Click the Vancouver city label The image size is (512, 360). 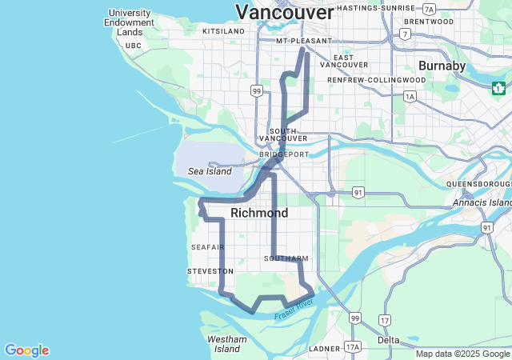coord(284,13)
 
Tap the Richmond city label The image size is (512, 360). coord(259,214)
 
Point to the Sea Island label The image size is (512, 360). coord(210,171)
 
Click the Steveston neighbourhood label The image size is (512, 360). coord(210,272)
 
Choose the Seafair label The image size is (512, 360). coord(208,247)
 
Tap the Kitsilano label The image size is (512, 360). coord(223,31)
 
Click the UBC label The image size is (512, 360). coord(134,46)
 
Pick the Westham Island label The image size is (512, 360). coord(227,344)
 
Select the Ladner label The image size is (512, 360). coord(325,349)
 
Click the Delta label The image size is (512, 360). coord(389,340)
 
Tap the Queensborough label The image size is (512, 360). coord(478,184)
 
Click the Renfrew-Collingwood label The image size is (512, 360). coord(377,81)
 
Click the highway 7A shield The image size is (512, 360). coord(430,10)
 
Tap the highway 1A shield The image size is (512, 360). coord(410,97)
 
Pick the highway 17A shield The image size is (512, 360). coord(353,346)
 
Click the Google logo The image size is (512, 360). coord(27,350)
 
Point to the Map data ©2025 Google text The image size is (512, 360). coord(462,354)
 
